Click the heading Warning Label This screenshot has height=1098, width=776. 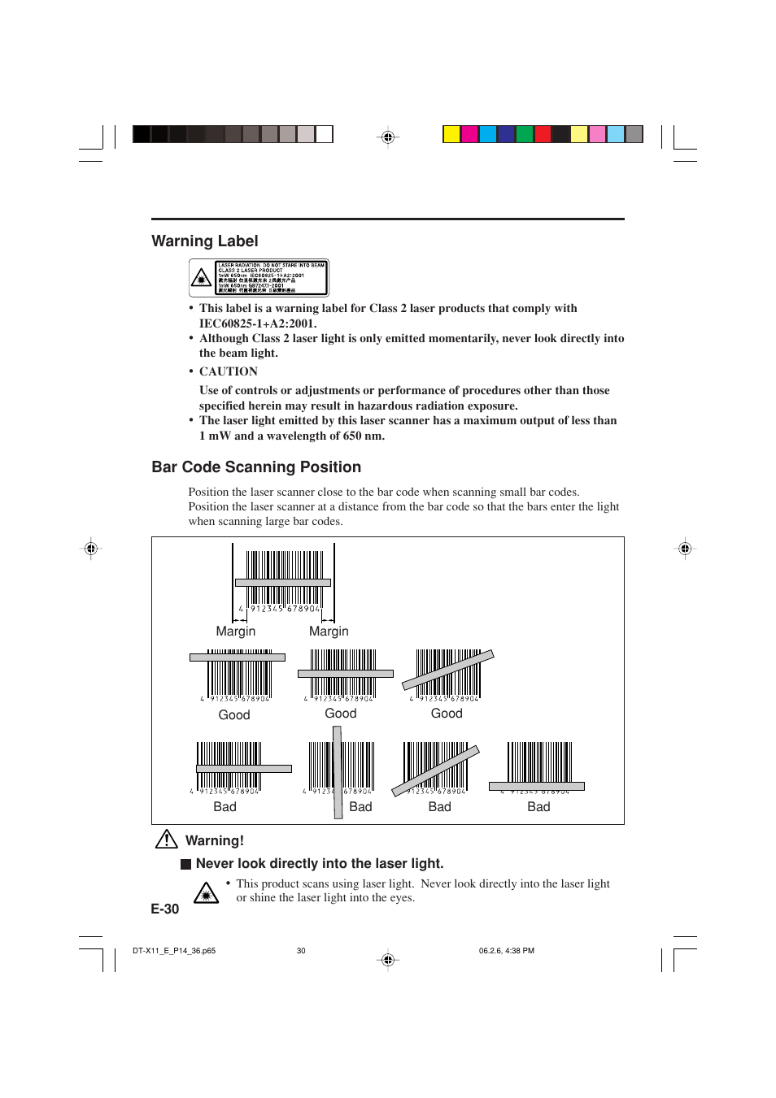(x=205, y=241)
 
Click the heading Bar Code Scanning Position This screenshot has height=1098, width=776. (x=256, y=467)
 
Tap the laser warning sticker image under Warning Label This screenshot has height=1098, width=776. (x=259, y=278)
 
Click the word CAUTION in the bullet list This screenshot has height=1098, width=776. (x=229, y=371)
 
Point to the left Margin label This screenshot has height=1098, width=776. (x=236, y=631)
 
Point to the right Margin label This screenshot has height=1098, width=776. (x=329, y=631)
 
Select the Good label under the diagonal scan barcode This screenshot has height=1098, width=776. (x=447, y=714)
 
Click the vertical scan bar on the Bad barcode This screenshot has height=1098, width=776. (x=337, y=772)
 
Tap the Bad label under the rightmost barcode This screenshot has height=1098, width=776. (x=538, y=807)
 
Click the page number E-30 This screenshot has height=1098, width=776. (x=165, y=909)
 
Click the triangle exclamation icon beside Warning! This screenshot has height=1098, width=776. (x=167, y=840)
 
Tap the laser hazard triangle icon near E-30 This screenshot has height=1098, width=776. (x=207, y=893)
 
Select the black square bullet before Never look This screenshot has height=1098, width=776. (x=185, y=865)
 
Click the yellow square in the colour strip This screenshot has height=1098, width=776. (x=451, y=134)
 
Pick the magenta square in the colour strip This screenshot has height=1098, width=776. (x=470, y=134)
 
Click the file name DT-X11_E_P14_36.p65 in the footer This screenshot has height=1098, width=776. (x=174, y=951)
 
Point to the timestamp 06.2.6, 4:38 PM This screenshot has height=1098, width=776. (x=507, y=951)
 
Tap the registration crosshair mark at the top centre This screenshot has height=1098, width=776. (x=388, y=137)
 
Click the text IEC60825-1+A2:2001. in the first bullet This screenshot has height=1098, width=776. (x=258, y=323)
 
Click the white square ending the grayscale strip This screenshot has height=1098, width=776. (x=325, y=134)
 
